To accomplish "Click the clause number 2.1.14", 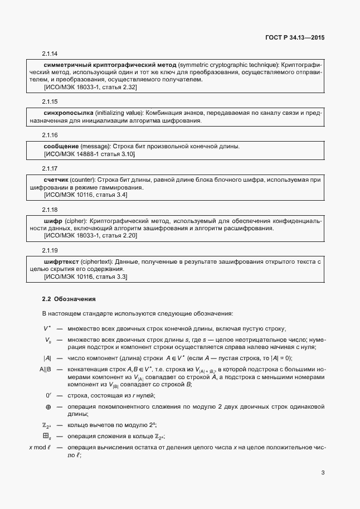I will [50, 54].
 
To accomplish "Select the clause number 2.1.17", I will [50, 168].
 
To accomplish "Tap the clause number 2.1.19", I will [50, 250].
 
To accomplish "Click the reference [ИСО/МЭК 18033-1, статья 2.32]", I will [90, 88].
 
